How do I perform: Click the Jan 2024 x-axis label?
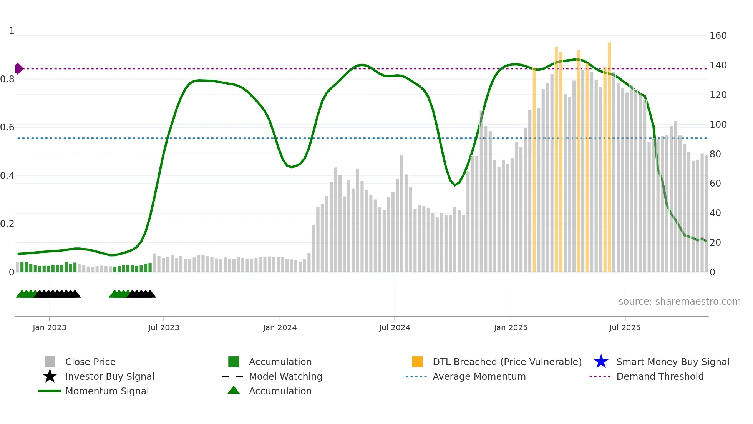(280, 327)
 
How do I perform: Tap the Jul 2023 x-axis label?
(164, 327)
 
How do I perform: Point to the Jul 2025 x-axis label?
(625, 327)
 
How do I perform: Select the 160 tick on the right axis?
(718, 36)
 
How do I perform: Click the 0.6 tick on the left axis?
(7, 127)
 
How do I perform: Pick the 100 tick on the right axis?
(718, 125)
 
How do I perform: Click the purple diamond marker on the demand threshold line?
(18, 68)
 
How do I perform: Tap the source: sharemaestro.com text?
(679, 302)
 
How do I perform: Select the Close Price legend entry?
(90, 362)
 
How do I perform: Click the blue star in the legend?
(601, 362)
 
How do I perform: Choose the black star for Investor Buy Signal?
(50, 376)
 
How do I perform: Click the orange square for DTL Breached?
(417, 362)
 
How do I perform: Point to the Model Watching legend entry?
(285, 376)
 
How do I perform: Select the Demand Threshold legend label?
(660, 376)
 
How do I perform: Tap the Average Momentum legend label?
(479, 376)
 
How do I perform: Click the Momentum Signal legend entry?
(107, 391)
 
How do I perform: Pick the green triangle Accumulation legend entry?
(234, 390)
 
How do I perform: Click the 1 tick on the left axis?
(12, 31)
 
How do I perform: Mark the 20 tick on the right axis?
(715, 243)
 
